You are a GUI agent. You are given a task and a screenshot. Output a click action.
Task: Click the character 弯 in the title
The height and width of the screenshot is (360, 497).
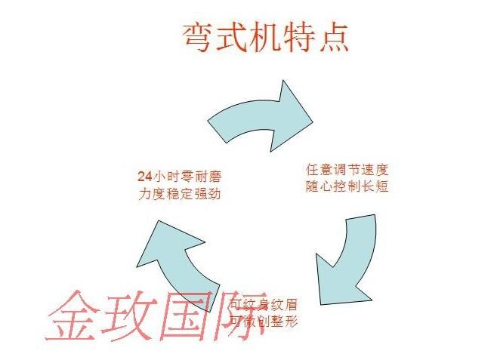tap(198, 35)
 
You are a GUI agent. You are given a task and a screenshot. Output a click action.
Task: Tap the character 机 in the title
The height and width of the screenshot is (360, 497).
tap(265, 35)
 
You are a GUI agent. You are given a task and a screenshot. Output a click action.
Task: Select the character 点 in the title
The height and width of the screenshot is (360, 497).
tap(332, 35)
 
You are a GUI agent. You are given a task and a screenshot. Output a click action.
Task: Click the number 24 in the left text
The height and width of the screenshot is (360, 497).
tap(145, 177)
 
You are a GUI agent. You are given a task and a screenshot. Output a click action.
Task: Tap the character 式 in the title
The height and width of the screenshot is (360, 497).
tap(231, 35)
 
